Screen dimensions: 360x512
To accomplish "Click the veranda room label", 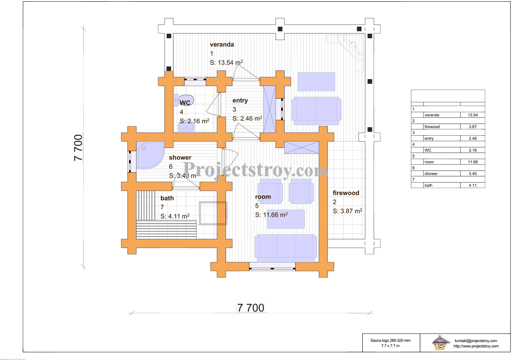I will [x=222, y=44].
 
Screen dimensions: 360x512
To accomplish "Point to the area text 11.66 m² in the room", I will [x=271, y=215].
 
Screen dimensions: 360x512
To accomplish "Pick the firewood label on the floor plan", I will [x=346, y=193].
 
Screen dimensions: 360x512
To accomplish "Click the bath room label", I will [x=167, y=198].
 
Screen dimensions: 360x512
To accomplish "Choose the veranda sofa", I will [x=316, y=110].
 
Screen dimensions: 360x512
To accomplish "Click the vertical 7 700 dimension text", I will [x=79, y=148].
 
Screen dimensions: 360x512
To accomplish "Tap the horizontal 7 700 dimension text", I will [x=250, y=308].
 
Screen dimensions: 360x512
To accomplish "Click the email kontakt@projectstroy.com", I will [x=476, y=341].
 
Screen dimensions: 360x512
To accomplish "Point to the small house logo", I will [x=440, y=342].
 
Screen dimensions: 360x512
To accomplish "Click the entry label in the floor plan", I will [x=240, y=101].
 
